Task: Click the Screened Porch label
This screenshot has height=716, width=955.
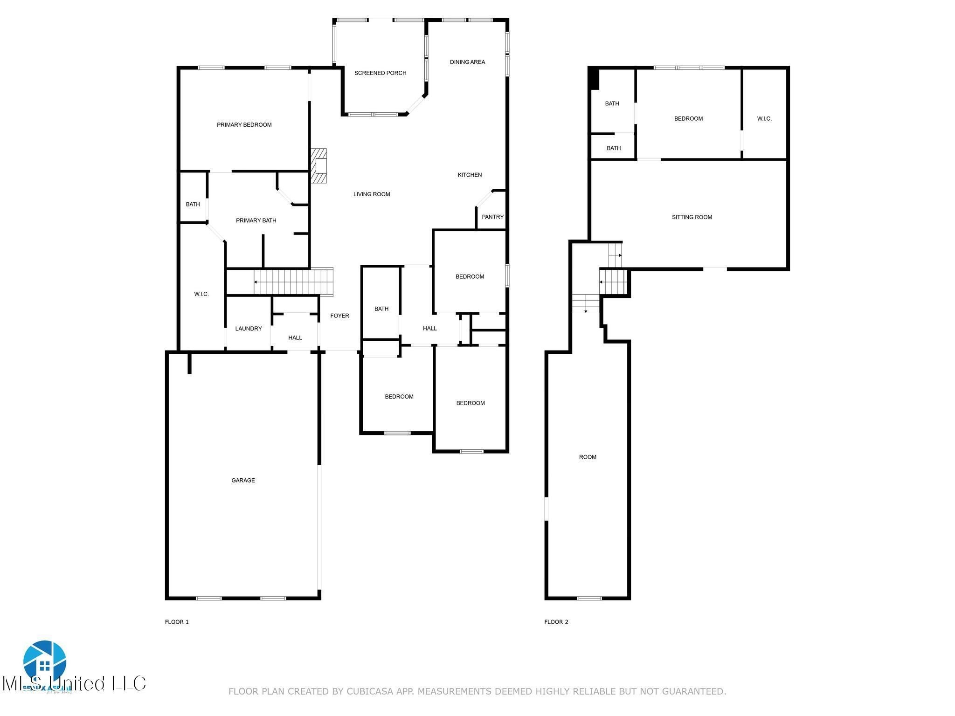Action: click(x=380, y=73)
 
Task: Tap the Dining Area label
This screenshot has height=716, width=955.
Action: click(x=467, y=62)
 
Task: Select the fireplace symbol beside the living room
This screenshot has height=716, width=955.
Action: click(x=319, y=166)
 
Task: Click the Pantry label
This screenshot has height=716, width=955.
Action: click(x=492, y=217)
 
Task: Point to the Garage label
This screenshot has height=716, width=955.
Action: click(x=243, y=480)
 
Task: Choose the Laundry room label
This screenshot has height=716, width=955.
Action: click(x=248, y=329)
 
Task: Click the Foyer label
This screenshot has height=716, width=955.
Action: click(x=339, y=316)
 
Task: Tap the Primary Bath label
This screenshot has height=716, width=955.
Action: click(x=256, y=220)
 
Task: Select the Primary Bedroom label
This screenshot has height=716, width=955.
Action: click(x=244, y=124)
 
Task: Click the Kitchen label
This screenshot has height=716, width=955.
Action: click(x=470, y=175)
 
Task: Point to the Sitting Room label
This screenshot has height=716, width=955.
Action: click(x=692, y=217)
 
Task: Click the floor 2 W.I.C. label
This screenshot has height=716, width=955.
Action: click(x=764, y=119)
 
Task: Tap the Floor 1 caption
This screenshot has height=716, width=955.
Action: click(x=177, y=622)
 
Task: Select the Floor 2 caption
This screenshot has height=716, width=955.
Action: click(x=556, y=622)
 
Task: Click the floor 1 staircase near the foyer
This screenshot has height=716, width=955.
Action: click(x=289, y=282)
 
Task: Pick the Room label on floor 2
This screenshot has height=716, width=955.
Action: click(x=588, y=457)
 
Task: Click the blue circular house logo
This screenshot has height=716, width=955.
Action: click(x=45, y=661)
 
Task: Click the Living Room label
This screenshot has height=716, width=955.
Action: click(x=371, y=194)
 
